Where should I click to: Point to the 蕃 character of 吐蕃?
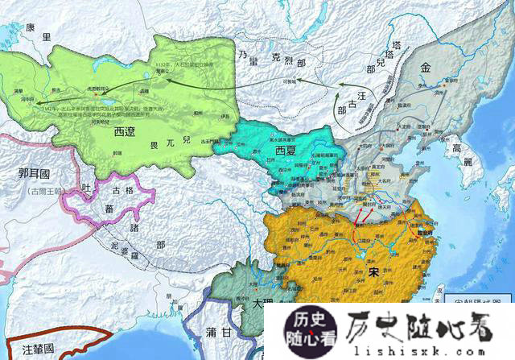tap(110, 209)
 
